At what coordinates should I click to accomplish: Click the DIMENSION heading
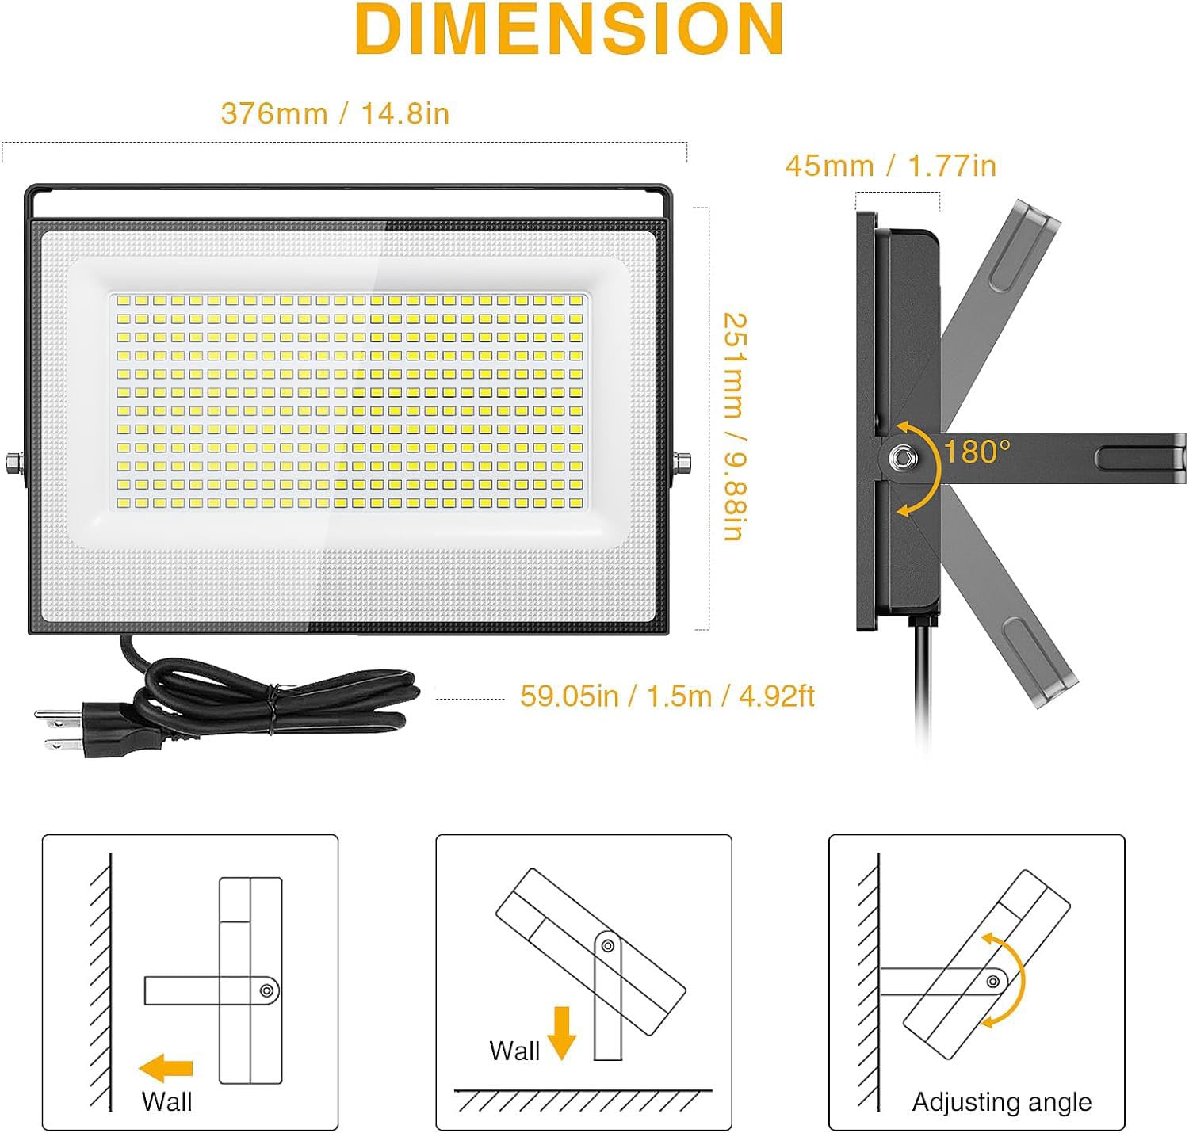(569, 29)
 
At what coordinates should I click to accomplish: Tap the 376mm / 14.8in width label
(335, 113)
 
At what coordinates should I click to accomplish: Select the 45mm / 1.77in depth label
(890, 166)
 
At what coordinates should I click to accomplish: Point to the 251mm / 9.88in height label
(736, 425)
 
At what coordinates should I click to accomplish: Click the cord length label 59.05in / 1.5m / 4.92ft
(667, 696)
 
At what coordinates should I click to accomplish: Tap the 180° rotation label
(977, 452)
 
